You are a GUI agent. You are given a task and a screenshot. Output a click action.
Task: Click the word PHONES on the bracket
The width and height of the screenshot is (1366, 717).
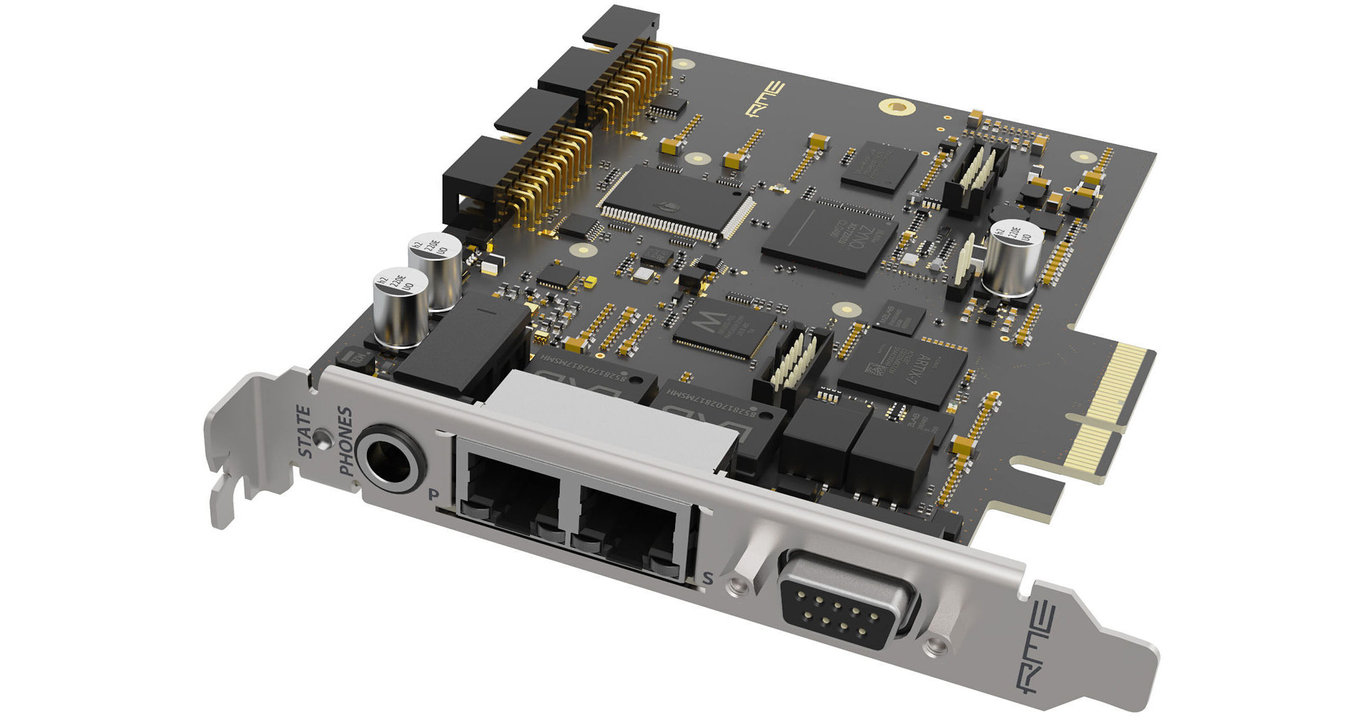click(x=346, y=442)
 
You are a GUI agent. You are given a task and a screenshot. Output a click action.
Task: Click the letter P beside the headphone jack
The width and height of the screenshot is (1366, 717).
click(x=434, y=494)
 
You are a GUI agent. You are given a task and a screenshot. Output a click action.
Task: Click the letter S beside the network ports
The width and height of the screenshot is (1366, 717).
click(x=707, y=578)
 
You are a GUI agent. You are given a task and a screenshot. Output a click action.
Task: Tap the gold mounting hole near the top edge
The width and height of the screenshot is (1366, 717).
click(x=895, y=107)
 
